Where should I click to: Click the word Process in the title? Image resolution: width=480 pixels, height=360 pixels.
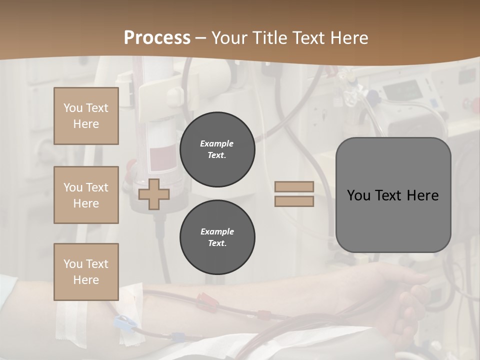(157, 38)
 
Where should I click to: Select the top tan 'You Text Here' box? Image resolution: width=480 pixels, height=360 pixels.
(86, 116)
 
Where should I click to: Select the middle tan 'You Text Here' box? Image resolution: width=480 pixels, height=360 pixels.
(86, 195)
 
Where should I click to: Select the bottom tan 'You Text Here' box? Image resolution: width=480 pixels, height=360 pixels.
(86, 271)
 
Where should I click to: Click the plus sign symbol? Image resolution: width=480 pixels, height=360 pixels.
(154, 194)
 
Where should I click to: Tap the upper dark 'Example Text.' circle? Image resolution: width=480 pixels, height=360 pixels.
(217, 149)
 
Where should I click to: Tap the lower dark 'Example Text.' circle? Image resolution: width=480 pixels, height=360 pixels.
(217, 237)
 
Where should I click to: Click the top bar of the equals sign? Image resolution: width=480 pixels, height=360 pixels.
(294, 187)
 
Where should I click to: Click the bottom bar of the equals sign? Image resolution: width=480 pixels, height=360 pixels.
(294, 201)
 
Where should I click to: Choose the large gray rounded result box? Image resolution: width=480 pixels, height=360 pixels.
(393, 195)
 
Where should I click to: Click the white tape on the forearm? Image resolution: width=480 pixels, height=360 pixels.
(65, 320)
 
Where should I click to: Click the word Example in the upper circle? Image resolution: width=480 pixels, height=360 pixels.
(217, 143)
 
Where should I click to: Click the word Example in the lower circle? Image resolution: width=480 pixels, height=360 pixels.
(217, 231)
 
